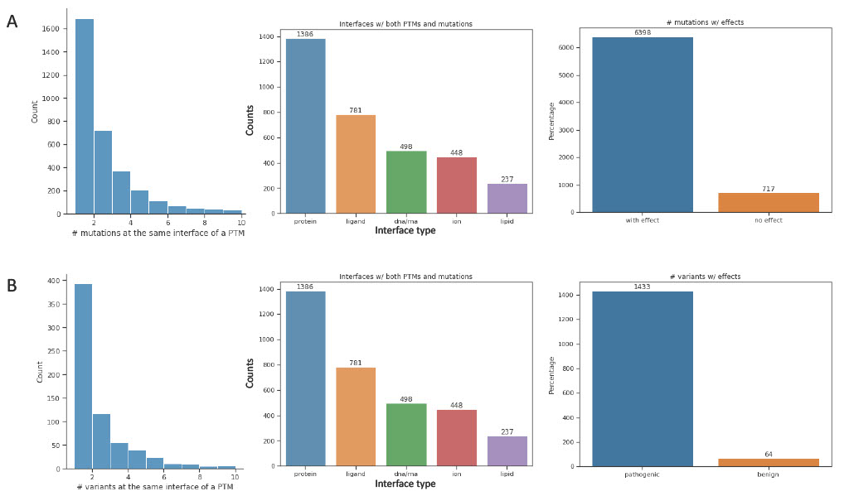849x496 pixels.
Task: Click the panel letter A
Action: pos(12,22)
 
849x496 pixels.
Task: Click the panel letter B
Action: pos(12,286)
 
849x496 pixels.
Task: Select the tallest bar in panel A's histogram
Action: pos(85,116)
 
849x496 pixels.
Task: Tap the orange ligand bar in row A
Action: pos(356,164)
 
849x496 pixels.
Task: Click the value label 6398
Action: pos(642,32)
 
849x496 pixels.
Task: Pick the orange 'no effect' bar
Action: pos(769,202)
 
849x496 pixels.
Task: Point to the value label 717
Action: pos(769,189)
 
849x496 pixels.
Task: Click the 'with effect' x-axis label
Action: pos(642,220)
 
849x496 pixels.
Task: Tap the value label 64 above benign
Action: pos(769,454)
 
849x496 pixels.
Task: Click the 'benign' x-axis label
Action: pos(769,474)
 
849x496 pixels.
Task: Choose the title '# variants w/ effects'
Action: pos(704,277)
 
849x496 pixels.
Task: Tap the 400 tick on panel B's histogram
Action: pos(52,281)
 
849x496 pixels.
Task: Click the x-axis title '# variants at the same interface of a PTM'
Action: pos(155,486)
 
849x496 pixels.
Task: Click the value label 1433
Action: pos(642,287)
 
